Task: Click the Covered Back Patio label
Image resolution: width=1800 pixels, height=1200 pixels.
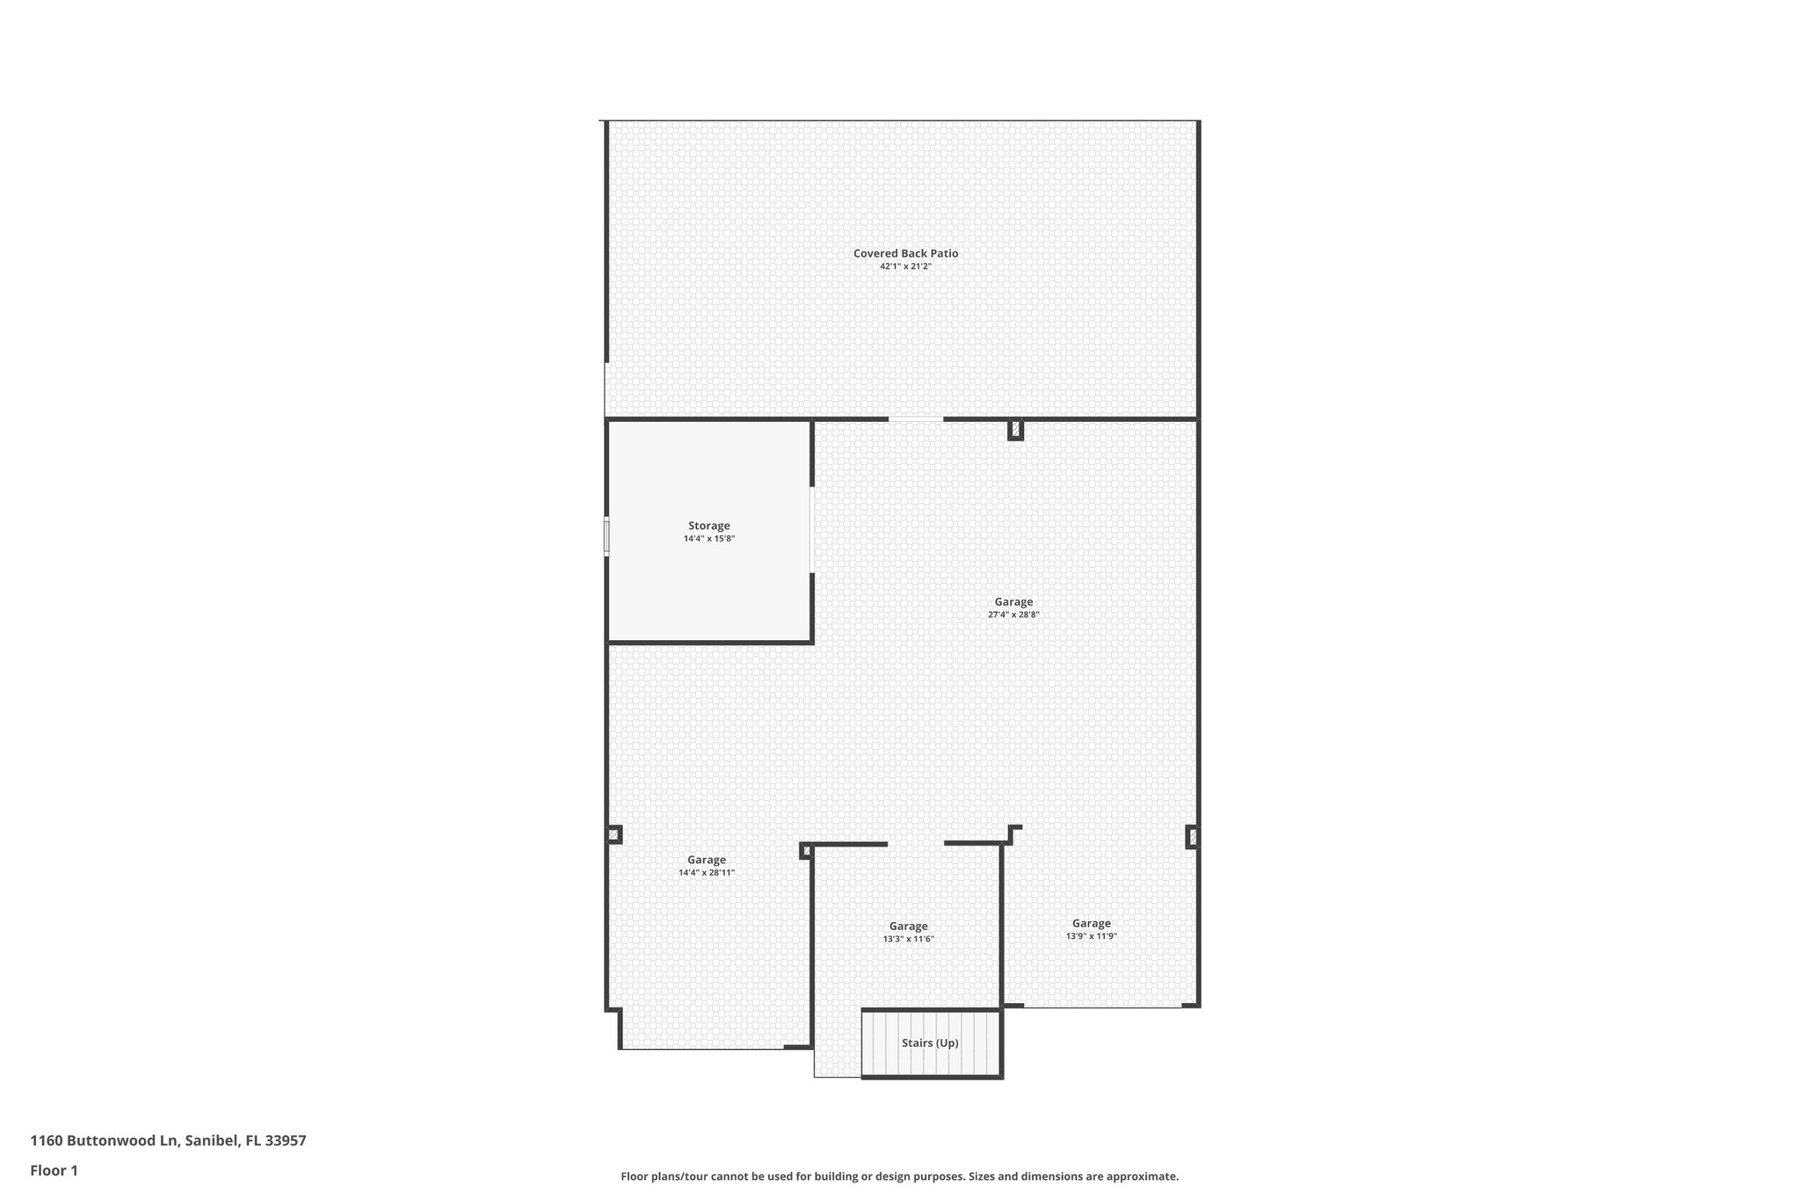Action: (x=905, y=253)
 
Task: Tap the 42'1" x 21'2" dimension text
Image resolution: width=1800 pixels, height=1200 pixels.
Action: (x=905, y=266)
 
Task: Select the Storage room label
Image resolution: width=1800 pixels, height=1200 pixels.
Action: (x=708, y=526)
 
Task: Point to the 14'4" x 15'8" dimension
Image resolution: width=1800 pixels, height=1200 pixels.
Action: (x=708, y=539)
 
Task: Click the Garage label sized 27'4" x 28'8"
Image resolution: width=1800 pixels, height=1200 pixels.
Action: (x=1013, y=602)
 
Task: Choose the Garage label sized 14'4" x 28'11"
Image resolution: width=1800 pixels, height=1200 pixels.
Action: (x=706, y=860)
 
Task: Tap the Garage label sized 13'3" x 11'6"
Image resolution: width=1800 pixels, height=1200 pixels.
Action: (x=908, y=926)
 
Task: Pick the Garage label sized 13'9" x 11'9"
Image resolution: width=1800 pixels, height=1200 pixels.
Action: (x=1091, y=923)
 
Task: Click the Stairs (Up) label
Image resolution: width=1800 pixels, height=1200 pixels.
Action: (x=930, y=1044)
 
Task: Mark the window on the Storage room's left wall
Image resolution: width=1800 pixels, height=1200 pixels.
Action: (x=606, y=536)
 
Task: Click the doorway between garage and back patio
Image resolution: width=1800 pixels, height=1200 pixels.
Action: (x=915, y=419)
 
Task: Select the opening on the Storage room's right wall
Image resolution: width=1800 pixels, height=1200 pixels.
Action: (x=811, y=529)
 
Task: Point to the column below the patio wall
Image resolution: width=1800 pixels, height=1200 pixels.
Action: (x=1015, y=430)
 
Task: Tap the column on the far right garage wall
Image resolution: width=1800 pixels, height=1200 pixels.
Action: (x=1192, y=837)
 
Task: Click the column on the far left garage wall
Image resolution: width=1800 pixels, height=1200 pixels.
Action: (x=613, y=834)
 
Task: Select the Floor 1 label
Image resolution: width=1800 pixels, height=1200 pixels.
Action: (x=54, y=1170)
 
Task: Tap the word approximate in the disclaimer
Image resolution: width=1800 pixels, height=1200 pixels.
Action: (x=1141, y=1176)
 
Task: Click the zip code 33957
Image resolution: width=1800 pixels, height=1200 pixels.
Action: (x=286, y=1141)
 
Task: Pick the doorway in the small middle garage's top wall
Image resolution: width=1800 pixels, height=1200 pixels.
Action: (x=915, y=844)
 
